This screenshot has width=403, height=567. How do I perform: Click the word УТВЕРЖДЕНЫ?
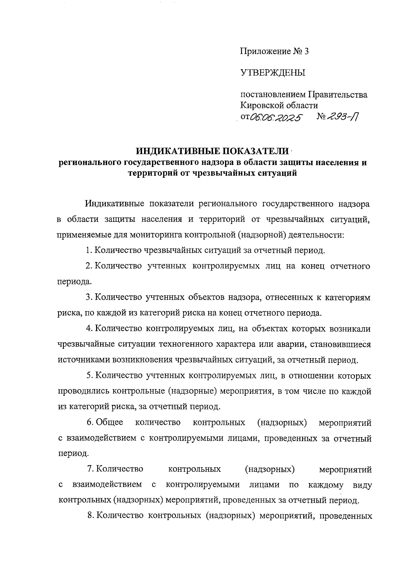pos(273,73)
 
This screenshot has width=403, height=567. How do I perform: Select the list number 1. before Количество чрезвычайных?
pos(89,250)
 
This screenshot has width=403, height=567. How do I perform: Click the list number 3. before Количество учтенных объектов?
pos(89,297)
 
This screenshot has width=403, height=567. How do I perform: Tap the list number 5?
pos(89,376)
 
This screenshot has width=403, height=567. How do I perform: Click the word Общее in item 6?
pos(109,422)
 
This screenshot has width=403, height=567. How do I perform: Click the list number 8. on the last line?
pos(90,516)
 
